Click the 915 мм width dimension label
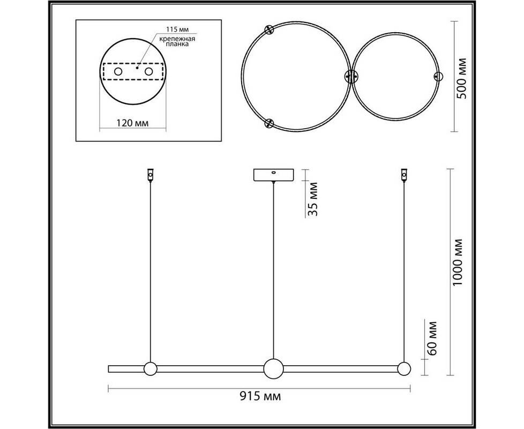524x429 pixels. (260, 397)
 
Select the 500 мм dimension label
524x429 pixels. (462, 79)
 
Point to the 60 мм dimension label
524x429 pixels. (431, 338)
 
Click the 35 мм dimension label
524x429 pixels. (312, 199)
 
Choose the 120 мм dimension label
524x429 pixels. (132, 123)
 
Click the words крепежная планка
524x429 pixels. (177, 41)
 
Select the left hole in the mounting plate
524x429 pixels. (118, 71)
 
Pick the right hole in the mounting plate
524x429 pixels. (149, 71)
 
